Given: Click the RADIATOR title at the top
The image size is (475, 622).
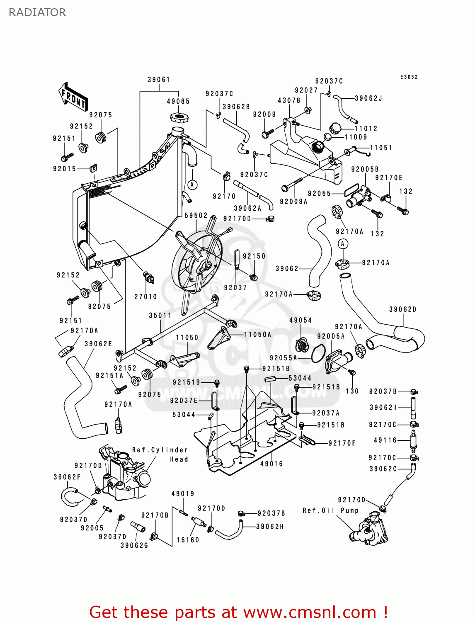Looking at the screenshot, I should (x=37, y=12).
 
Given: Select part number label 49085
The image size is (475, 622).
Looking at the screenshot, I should (x=178, y=101).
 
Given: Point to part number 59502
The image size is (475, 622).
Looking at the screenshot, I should (x=196, y=216).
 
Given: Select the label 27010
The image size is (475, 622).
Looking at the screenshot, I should (x=145, y=296).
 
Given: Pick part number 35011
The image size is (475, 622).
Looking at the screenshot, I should (x=160, y=316).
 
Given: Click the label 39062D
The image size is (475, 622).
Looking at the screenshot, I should (x=402, y=309).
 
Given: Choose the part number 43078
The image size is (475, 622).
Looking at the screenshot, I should (x=289, y=100).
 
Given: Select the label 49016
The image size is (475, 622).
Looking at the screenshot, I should (x=271, y=464).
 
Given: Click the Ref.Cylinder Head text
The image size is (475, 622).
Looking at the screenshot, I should (x=160, y=454).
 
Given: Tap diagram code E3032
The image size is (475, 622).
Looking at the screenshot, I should (x=409, y=77).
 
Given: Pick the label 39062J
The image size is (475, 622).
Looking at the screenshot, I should (x=368, y=98).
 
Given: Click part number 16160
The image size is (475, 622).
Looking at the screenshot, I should (x=188, y=539).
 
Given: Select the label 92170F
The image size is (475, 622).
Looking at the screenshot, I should (x=342, y=443).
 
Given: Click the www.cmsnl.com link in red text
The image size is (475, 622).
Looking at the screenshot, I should (x=310, y=612).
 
